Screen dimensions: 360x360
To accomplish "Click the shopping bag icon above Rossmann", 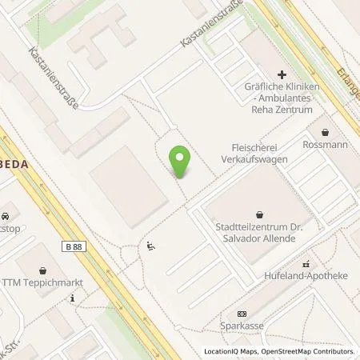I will click(325, 132).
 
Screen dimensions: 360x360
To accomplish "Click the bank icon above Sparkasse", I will click(242, 314).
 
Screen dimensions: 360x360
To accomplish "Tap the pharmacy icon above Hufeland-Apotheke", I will click(305, 264).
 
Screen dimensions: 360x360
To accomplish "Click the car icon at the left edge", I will click(5, 216).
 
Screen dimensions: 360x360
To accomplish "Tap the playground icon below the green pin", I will click(150, 248).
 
